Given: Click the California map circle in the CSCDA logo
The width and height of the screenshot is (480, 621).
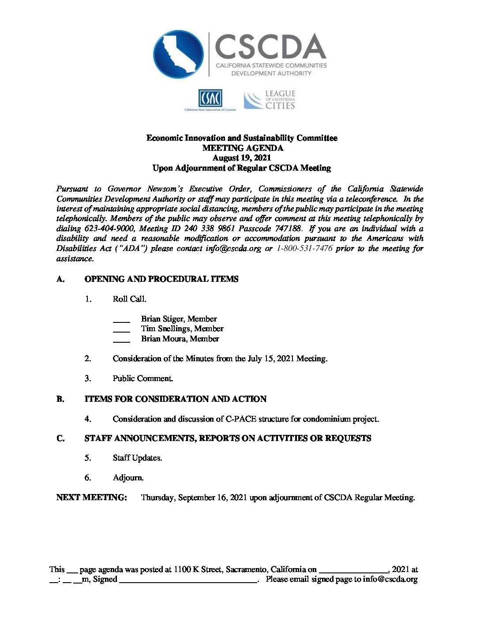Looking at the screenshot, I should click(178, 54).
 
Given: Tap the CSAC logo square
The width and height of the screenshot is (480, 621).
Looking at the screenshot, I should click(210, 98).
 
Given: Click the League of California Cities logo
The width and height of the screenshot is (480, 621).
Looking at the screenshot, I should click(270, 100).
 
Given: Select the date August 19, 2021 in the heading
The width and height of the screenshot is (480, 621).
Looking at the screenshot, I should click(241, 158).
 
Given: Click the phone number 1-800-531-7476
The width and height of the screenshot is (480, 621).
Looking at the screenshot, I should click(304, 248).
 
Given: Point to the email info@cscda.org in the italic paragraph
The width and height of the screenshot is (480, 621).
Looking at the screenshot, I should click(233, 248).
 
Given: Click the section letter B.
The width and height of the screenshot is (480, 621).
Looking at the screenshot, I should click(60, 399).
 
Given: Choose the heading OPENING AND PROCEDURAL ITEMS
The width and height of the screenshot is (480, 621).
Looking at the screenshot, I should click(161, 279).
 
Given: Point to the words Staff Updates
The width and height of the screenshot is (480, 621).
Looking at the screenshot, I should click(137, 458).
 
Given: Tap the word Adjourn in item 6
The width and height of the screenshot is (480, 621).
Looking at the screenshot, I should click(128, 478).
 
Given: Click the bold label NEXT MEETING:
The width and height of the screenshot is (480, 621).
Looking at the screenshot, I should click(92, 498).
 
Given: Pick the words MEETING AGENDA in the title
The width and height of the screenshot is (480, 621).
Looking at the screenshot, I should click(242, 148).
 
